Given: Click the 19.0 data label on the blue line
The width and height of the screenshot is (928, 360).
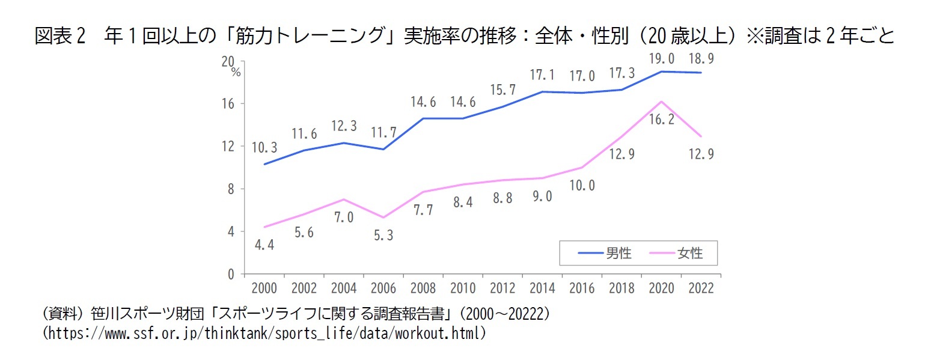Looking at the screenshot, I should [661, 58].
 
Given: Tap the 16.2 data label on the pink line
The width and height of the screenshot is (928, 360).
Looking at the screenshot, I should [661, 120].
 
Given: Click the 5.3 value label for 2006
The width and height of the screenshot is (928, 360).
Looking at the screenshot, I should [383, 236].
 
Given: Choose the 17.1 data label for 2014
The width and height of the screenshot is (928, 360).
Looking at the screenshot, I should [542, 76].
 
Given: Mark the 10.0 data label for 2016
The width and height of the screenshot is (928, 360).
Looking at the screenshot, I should [582, 186].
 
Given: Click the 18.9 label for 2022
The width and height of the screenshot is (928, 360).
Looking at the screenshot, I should [701, 58].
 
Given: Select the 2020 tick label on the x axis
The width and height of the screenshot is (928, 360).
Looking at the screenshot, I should [661, 288].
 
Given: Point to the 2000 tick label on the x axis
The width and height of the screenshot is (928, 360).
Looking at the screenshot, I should [264, 288].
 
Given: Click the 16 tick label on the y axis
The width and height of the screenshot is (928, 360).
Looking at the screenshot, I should [228, 103].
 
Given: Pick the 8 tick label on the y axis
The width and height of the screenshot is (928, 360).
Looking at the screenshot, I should [231, 189].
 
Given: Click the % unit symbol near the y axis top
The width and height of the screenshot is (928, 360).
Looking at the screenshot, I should [236, 73].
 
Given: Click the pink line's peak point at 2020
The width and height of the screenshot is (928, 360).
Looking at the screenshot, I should [661, 102].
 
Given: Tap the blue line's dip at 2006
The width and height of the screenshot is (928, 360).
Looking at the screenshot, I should [383, 149].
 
